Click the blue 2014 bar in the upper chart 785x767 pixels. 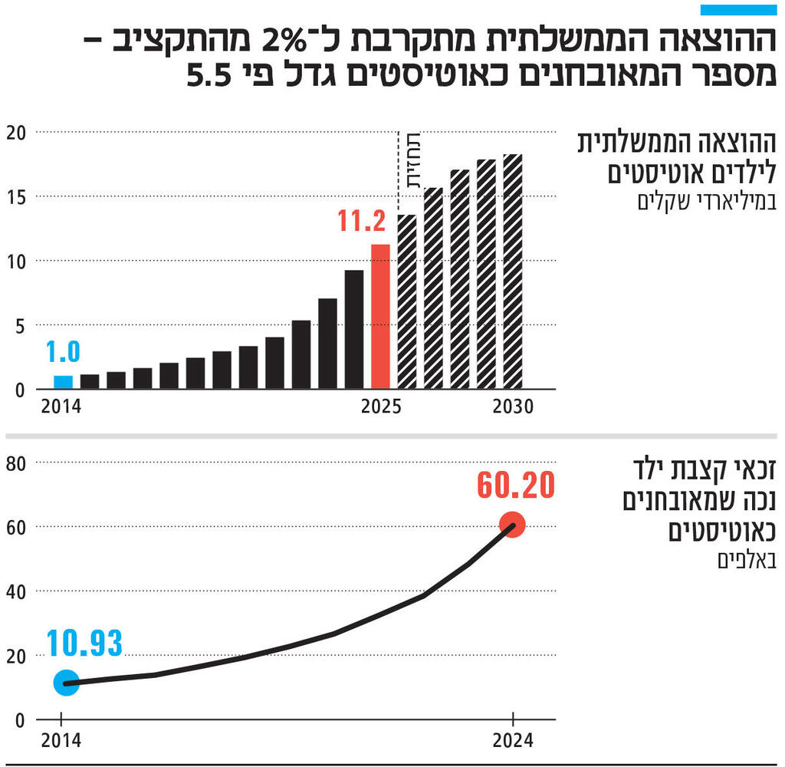(64, 381)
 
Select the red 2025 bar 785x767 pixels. (380, 316)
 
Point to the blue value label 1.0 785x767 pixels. (63, 352)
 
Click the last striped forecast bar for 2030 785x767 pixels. (512, 272)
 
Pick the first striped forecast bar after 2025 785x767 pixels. (407, 301)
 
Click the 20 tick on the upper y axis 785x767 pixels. (16, 133)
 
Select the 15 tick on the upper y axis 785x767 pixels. (16, 197)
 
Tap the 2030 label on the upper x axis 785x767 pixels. (512, 407)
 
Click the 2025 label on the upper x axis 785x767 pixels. (381, 407)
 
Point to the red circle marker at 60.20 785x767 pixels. (512, 525)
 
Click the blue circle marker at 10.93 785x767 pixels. (66, 683)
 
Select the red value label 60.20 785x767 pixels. (515, 486)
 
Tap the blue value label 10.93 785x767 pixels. (84, 644)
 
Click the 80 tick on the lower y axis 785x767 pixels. (16, 463)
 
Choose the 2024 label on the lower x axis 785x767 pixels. (512, 742)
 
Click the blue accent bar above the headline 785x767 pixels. (738, 10)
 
